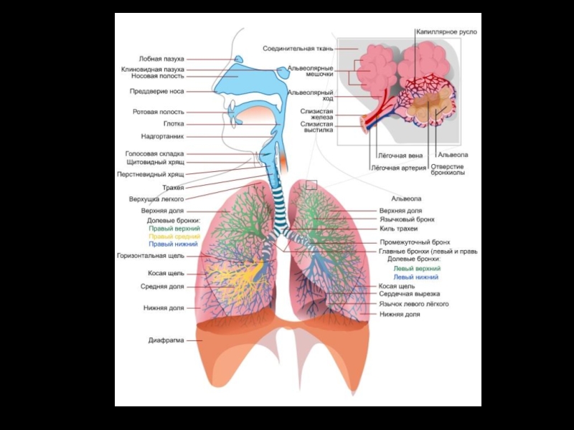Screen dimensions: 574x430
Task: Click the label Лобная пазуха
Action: [161, 59]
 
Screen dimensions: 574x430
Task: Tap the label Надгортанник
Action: [162, 136]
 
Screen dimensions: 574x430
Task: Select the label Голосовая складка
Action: [154, 153]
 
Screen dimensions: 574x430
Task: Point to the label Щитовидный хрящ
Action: [156, 163]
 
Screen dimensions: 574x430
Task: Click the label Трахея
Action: [173, 188]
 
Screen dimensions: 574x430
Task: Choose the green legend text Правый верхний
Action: [174, 228]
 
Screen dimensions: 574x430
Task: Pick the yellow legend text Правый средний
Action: [174, 236]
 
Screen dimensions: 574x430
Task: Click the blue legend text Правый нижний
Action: [174, 244]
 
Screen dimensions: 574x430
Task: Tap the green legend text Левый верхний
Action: [415, 269]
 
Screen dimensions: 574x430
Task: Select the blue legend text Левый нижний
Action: [415, 277]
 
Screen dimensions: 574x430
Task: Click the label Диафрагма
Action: [166, 340]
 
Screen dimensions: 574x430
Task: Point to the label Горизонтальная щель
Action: [150, 255]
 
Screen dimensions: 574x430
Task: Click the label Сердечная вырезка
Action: [409, 294]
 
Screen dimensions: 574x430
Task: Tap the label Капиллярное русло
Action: [446, 32]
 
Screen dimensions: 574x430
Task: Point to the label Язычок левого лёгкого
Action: [414, 304]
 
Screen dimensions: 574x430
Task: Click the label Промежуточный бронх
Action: [415, 242]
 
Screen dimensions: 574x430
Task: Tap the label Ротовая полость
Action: [158, 112]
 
